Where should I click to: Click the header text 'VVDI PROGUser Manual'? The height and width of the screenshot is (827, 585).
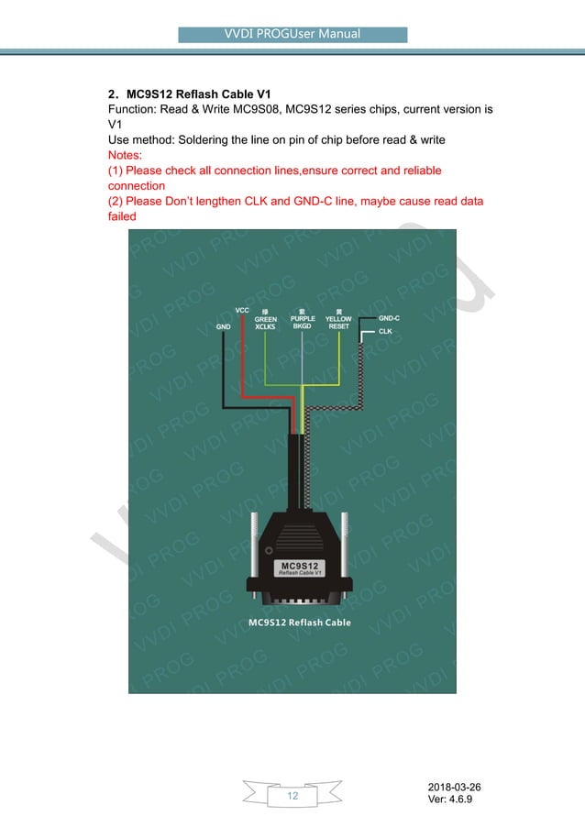(x=292, y=35)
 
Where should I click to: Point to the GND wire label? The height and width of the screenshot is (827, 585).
(x=223, y=325)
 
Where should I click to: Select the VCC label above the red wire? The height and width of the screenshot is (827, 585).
(x=242, y=310)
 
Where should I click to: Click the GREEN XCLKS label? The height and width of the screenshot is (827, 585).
(x=266, y=321)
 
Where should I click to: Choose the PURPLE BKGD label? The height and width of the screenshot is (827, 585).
(x=303, y=321)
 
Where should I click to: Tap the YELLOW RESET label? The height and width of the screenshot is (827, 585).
(x=339, y=321)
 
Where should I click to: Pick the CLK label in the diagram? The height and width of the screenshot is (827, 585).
(x=386, y=331)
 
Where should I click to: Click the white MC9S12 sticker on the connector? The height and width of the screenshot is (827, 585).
(x=299, y=568)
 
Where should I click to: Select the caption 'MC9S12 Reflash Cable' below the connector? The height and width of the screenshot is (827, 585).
(x=299, y=623)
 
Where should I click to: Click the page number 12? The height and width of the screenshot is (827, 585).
(x=292, y=796)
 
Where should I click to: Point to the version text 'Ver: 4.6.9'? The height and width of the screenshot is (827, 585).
(x=452, y=802)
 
